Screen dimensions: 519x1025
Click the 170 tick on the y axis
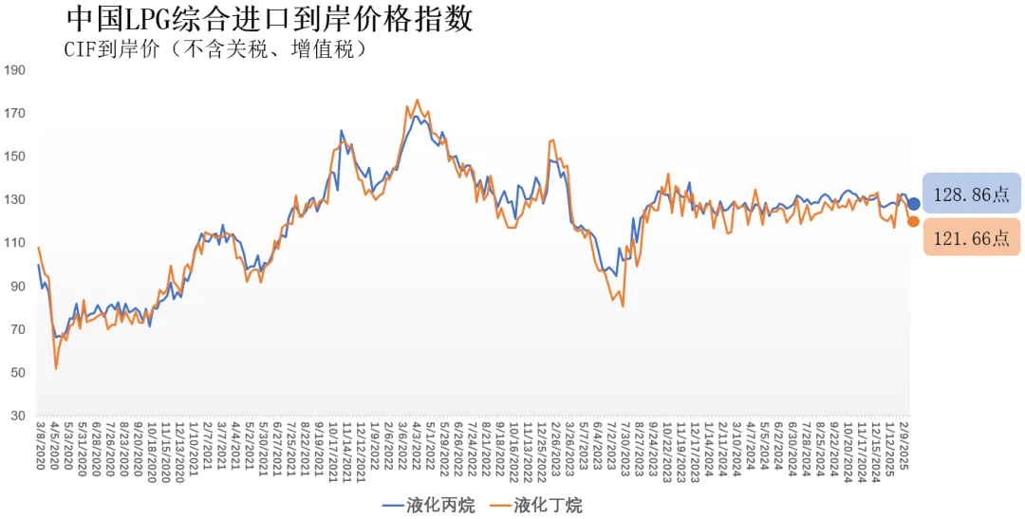15,114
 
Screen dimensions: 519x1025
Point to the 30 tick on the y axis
18,417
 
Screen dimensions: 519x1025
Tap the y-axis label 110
15,243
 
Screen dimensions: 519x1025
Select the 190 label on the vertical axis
15,70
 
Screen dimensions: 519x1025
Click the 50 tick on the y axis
18,373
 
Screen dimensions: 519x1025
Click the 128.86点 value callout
972,195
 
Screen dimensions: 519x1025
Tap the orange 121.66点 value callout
972,238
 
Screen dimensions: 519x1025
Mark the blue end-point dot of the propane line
913,203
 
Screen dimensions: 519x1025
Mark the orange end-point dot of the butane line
913,221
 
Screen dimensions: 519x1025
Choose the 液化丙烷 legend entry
429,506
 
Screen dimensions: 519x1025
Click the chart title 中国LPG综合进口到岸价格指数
270,20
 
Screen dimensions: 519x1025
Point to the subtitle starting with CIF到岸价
215,49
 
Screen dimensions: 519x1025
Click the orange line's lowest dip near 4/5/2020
56,368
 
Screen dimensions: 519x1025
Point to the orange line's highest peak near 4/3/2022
418,99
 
